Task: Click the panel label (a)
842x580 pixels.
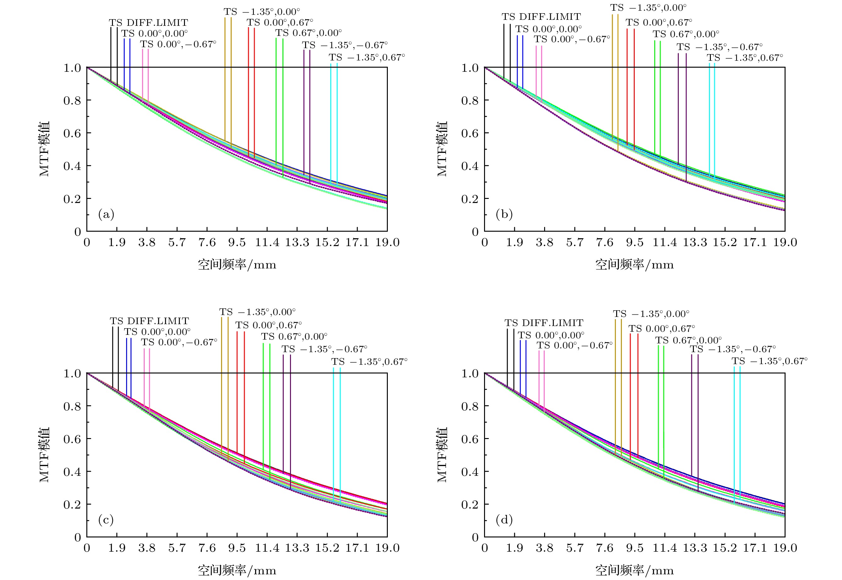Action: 106,214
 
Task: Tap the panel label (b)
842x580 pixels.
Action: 504,214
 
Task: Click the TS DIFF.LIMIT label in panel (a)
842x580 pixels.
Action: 148,23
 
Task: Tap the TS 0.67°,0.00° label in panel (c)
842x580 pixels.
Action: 294,336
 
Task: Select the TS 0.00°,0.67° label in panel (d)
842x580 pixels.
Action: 661,329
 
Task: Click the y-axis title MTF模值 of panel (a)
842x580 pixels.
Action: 44,149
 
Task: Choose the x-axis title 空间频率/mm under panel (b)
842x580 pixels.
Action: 634,265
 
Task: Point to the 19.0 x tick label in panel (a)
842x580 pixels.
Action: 387,242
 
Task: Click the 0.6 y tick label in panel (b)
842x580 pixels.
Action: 470,133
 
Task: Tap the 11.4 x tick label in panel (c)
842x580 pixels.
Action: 267,548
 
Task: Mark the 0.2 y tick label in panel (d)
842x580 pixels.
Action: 470,504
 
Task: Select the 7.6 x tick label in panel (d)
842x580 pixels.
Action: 605,548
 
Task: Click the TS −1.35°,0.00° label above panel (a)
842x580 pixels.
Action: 262,12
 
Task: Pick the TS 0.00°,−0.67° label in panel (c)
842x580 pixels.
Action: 179,342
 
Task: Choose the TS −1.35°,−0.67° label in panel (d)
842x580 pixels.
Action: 733,349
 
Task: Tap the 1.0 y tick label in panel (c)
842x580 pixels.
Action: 72,374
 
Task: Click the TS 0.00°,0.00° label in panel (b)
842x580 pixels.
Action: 548,29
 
